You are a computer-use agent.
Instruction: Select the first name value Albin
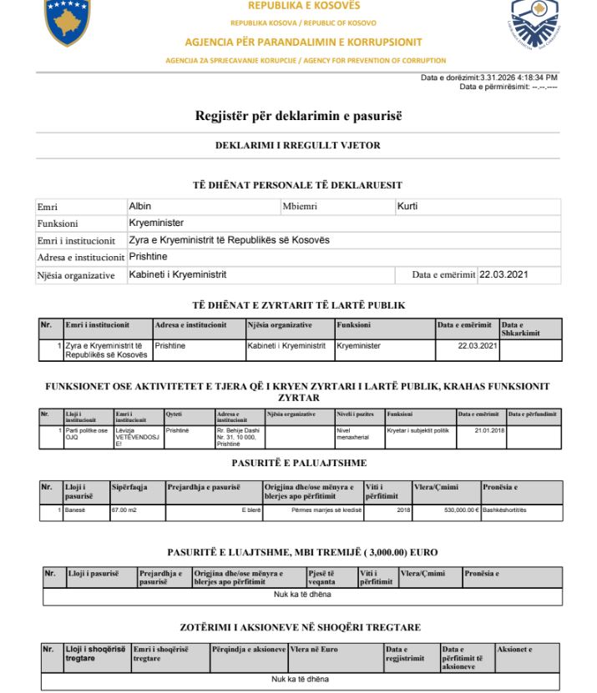pyautogui.click(x=140, y=205)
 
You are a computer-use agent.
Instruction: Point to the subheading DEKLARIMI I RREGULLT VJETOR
pyautogui.click(x=298, y=145)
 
